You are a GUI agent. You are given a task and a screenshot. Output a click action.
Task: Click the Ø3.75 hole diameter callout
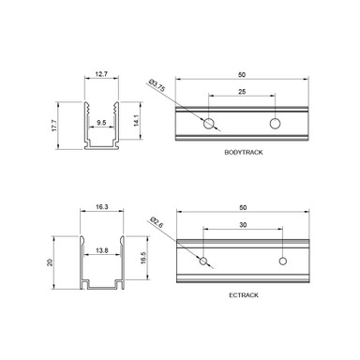click(159, 87)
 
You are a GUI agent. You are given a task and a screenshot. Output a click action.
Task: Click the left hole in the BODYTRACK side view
click(207, 124)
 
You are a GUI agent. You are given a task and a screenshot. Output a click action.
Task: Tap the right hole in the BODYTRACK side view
click(276, 124)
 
